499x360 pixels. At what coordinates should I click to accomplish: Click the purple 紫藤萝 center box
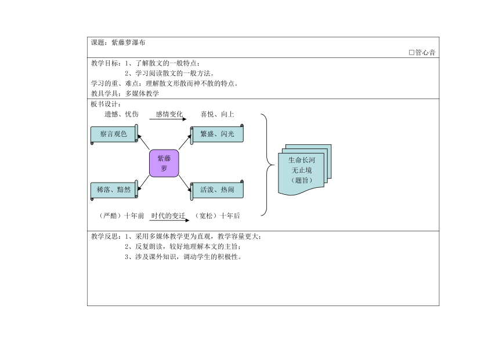164,163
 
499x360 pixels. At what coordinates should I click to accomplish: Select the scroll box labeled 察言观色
114,134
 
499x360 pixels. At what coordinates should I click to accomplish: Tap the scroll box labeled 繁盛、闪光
217,134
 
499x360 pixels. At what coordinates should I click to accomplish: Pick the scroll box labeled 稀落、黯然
114,190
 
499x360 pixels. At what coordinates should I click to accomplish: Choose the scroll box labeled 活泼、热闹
217,190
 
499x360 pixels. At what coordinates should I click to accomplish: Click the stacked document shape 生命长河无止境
305,170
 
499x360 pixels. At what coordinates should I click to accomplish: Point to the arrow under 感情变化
168,119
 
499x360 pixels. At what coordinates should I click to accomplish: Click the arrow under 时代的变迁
169,220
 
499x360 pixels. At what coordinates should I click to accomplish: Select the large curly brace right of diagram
267,165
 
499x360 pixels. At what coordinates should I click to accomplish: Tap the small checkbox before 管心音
411,53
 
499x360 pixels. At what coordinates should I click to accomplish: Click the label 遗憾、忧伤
122,114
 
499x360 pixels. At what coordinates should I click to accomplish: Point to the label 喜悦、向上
218,114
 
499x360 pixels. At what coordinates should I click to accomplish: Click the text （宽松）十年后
217,216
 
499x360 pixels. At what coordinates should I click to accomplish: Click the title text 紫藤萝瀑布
128,43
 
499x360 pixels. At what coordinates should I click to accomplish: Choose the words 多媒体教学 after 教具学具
142,93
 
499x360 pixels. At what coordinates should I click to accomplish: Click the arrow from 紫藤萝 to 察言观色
143,142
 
